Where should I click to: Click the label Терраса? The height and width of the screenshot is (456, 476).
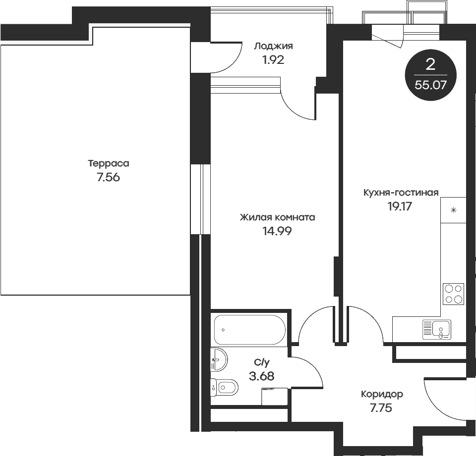click(x=109, y=163)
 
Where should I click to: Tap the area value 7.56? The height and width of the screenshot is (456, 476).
click(x=109, y=178)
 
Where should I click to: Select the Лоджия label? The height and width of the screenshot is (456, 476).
click(x=273, y=47)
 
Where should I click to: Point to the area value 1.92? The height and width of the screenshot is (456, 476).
click(x=273, y=60)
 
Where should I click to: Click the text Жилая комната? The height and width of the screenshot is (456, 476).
click(x=277, y=217)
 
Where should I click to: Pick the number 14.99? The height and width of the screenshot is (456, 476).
click(x=277, y=231)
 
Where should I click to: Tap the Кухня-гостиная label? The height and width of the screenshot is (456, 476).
click(x=401, y=193)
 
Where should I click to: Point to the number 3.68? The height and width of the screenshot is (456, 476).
click(x=261, y=376)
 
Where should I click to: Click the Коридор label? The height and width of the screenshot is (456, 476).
click(x=382, y=395)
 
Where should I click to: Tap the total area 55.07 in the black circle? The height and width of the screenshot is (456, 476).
click(x=430, y=84)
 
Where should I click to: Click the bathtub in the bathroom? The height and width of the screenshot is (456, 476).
click(x=249, y=330)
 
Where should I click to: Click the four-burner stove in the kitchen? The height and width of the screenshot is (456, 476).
click(x=453, y=294)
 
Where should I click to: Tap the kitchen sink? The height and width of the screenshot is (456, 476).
click(x=437, y=329)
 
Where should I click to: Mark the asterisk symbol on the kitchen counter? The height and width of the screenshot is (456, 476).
click(x=453, y=210)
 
